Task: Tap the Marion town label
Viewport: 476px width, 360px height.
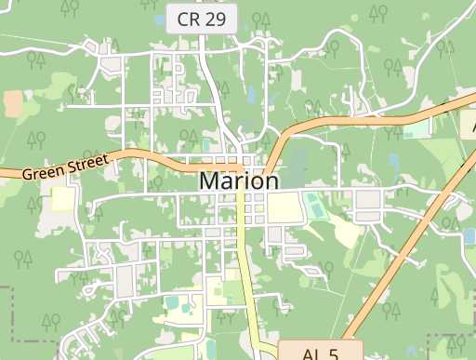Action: pos(238,181)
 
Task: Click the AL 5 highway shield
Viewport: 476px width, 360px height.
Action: pos(319,353)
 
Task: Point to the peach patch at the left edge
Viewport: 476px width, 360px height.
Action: pos(13,103)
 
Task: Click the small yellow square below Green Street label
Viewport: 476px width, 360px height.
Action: pos(62,199)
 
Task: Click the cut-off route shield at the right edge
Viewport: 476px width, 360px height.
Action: pos(469,124)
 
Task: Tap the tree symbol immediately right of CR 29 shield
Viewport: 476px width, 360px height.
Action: pos(259,20)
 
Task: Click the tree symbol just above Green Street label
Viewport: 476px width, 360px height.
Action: pos(36,140)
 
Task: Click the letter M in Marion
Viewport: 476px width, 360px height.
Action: pos(210,181)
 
